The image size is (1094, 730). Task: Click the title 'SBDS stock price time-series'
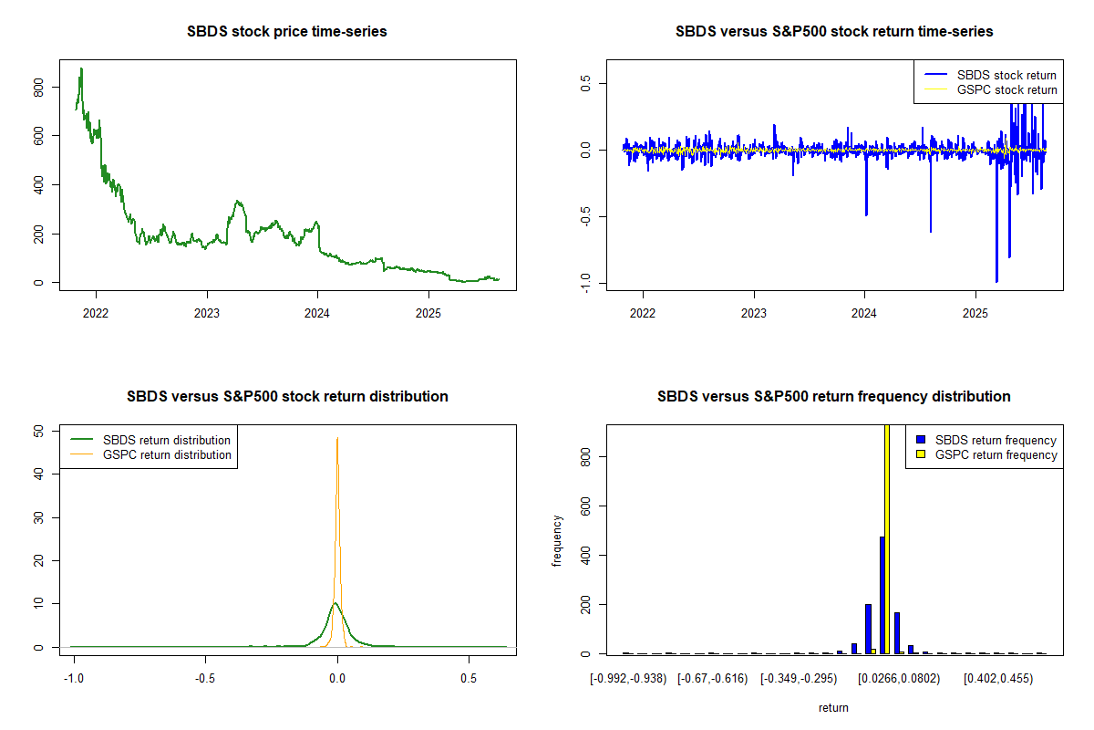pyautogui.click(x=287, y=32)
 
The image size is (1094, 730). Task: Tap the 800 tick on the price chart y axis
pyautogui.click(x=37, y=86)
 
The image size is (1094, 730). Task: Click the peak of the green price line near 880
pyautogui.click(x=81, y=68)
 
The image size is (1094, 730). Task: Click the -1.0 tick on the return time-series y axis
pyautogui.click(x=585, y=282)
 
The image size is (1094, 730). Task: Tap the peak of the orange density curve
pyautogui.click(x=337, y=438)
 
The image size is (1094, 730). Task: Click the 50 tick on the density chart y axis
pyautogui.click(x=37, y=432)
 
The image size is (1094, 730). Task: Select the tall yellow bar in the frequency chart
pyautogui.click(x=888, y=538)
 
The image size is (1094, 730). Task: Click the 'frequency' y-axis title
pyautogui.click(x=557, y=540)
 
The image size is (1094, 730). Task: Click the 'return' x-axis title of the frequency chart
pyautogui.click(x=833, y=707)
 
